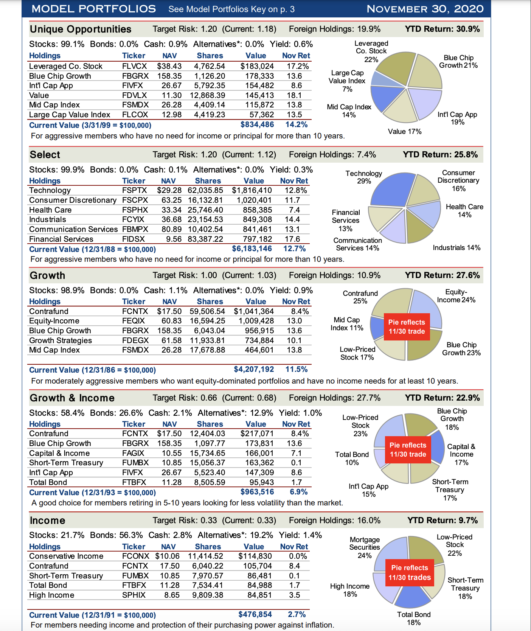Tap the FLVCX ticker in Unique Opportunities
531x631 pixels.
(134, 66)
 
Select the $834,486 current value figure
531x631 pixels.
(257, 124)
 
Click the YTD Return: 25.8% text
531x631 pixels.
(440, 154)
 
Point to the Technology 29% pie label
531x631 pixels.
(364, 177)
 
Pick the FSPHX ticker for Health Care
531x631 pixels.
(135, 210)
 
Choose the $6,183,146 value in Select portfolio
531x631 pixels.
(252, 249)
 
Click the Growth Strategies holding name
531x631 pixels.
(61, 340)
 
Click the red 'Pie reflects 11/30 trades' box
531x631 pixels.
(410, 573)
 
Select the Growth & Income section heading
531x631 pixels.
(72, 398)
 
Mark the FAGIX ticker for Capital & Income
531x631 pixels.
(133, 453)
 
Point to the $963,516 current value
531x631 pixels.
(257, 492)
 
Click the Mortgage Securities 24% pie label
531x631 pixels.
(365, 547)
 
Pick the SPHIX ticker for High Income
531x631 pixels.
(134, 595)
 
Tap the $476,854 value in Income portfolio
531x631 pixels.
(255, 614)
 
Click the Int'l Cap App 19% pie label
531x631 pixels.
(457, 118)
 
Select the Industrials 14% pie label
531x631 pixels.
(456, 248)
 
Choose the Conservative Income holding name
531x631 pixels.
(66, 556)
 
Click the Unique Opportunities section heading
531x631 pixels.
(81, 29)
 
